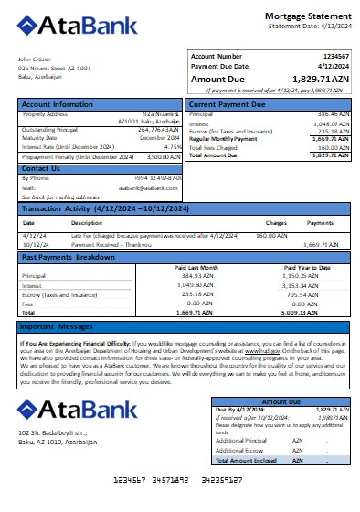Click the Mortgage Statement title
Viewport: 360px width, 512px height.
coord(307,16)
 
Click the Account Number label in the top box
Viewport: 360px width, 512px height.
coord(217,57)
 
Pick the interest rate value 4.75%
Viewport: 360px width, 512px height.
coord(173,146)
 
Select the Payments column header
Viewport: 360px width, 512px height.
coord(320,222)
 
